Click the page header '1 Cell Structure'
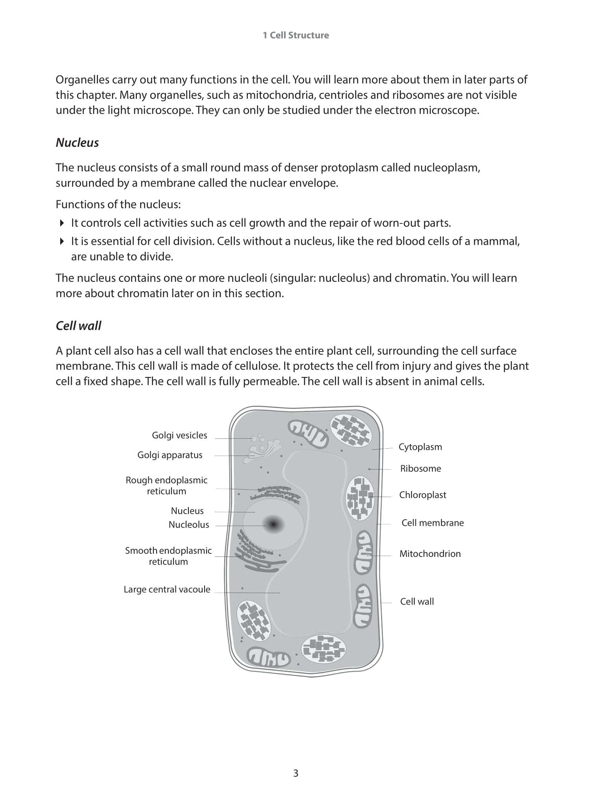(x=295, y=35)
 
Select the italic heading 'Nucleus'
(x=77, y=142)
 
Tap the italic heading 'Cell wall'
(x=78, y=326)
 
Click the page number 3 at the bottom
(x=295, y=773)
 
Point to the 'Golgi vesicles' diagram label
(x=179, y=435)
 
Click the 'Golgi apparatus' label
(x=170, y=455)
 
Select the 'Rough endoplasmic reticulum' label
(x=166, y=486)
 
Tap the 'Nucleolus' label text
(x=188, y=525)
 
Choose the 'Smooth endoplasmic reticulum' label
(x=168, y=556)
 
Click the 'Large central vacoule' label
(x=167, y=590)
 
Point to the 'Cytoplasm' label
(x=420, y=447)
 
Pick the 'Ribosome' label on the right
(x=420, y=469)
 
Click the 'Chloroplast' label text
(x=423, y=495)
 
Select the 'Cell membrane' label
(x=432, y=523)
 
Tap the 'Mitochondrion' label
(x=430, y=554)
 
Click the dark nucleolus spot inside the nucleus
(x=273, y=524)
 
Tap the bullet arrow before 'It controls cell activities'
(x=62, y=223)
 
